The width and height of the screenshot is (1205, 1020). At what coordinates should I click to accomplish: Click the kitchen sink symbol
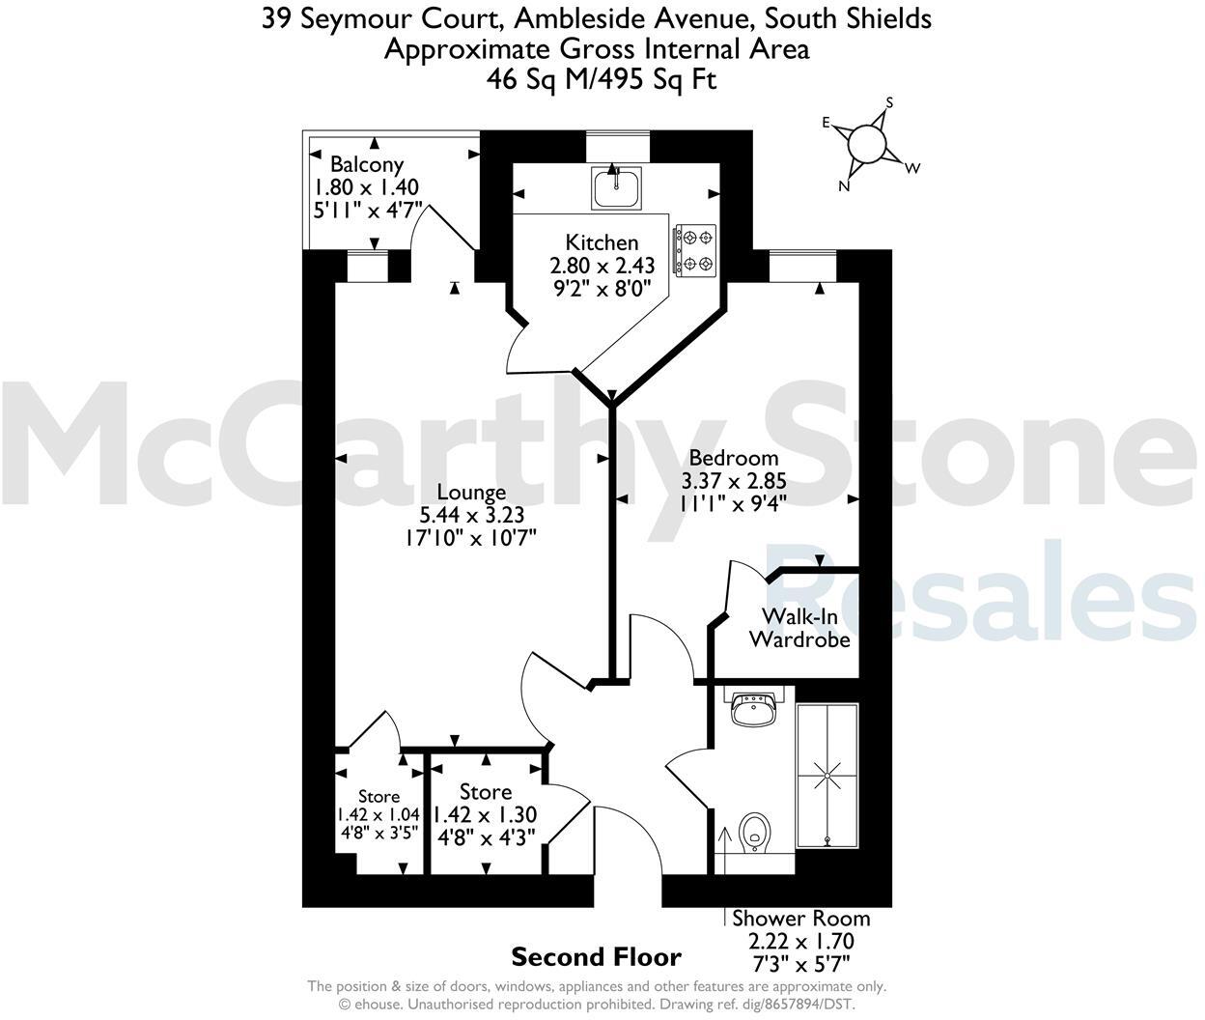click(617, 186)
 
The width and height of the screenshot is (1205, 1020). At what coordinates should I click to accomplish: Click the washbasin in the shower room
click(753, 711)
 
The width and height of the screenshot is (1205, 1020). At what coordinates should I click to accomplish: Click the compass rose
click(866, 145)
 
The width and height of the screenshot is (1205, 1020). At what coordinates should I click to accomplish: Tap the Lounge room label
click(470, 493)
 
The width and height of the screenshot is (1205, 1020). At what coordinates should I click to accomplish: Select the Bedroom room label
click(733, 458)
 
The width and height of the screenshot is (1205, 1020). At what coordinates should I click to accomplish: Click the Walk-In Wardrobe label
click(799, 628)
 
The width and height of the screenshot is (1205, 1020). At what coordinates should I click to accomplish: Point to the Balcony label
click(366, 164)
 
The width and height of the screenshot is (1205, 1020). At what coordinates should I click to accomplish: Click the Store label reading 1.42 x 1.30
click(486, 814)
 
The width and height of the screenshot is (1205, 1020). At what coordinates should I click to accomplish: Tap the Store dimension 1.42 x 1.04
click(378, 814)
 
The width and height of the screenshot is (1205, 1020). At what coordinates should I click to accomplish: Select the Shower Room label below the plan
click(800, 918)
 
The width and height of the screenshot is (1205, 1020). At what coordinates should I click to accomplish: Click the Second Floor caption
click(596, 957)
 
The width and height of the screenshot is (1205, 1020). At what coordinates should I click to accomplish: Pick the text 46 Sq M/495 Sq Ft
click(602, 79)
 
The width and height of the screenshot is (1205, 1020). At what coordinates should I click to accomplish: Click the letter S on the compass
click(889, 103)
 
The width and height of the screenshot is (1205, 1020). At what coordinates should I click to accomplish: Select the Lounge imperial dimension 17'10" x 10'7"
click(470, 537)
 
